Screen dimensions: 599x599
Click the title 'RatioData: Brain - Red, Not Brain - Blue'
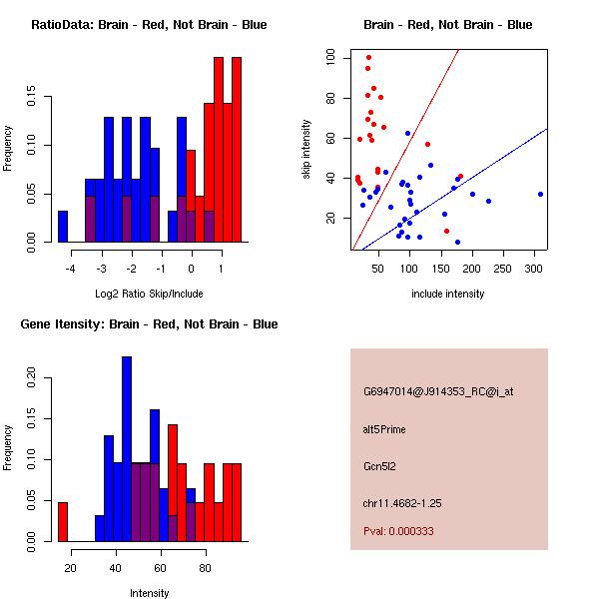coord(149,25)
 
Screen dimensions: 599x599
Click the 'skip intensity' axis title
coord(307,150)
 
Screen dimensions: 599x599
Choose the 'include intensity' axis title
coord(448,295)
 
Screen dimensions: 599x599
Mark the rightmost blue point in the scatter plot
coord(540,194)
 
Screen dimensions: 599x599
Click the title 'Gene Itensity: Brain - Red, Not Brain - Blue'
coord(149,324)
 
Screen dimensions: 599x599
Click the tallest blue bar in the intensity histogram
coord(127,449)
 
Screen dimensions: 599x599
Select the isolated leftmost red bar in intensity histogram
coord(62,521)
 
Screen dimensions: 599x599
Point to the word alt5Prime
coord(385,430)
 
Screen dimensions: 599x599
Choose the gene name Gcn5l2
coord(379,466)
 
